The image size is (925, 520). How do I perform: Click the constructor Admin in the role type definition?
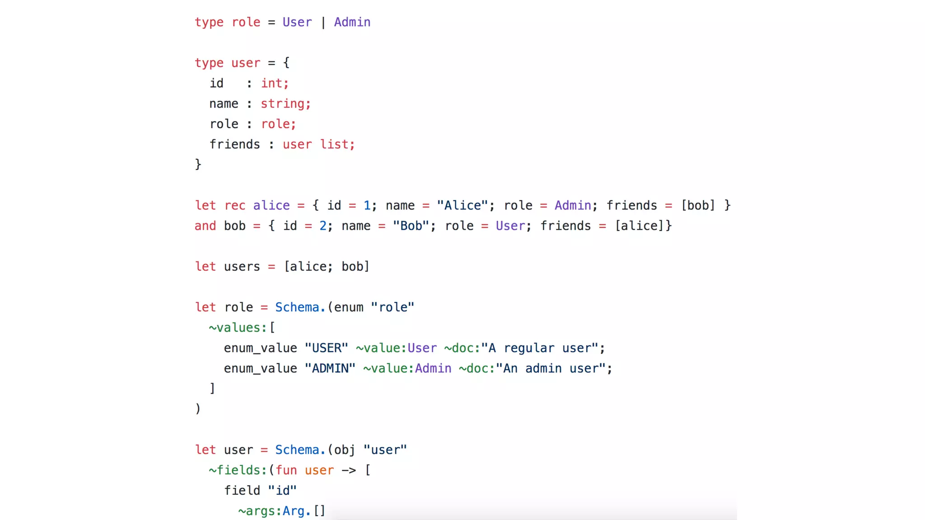click(x=352, y=22)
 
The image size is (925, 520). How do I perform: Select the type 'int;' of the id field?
click(x=275, y=83)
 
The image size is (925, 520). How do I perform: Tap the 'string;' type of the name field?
click(x=285, y=103)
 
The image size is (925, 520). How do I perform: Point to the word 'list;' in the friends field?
click(x=337, y=144)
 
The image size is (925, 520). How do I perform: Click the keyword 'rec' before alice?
click(x=235, y=205)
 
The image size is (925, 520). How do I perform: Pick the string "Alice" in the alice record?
click(x=462, y=205)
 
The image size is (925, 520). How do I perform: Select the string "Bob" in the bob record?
click(x=411, y=226)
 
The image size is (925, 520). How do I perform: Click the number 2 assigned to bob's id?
click(x=323, y=226)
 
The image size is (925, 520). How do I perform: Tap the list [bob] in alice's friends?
click(x=698, y=205)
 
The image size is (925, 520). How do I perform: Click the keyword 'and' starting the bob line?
click(x=205, y=226)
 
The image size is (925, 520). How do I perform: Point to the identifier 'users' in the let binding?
click(x=242, y=266)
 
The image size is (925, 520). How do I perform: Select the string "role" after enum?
click(x=392, y=307)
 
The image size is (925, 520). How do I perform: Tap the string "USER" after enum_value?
click(x=326, y=348)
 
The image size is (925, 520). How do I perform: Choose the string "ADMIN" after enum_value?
click(x=330, y=368)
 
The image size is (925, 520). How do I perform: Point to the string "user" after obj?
click(x=385, y=450)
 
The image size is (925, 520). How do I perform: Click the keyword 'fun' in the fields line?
click(x=286, y=470)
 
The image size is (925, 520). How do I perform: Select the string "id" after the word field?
click(x=283, y=491)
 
